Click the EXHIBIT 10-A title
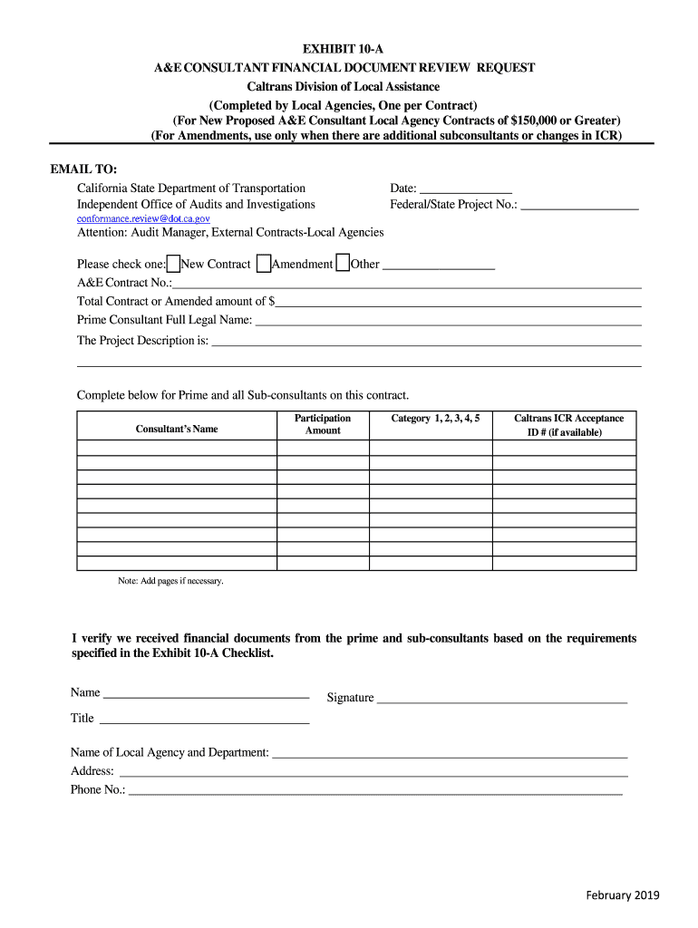coord(349,49)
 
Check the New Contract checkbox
coord(173,264)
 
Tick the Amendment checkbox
coord(263,264)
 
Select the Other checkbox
coord(343,264)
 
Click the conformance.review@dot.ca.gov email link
coord(143,218)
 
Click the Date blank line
coord(466,189)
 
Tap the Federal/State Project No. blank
coord(579,206)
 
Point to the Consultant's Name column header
coord(177,429)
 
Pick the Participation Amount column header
coord(323,424)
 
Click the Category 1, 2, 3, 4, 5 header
coord(435,419)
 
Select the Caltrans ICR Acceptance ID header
coord(568,425)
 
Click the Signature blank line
coord(501,699)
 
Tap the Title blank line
coord(204,720)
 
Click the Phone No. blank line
coord(375,791)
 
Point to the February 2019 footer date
coord(623,895)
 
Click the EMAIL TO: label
coord(83,169)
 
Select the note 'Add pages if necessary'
coord(170,581)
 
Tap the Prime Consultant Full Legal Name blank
coord(448,321)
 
